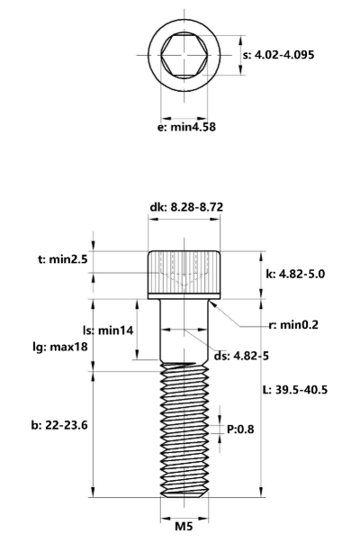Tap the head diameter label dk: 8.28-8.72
click(185, 207)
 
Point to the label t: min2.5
click(64, 259)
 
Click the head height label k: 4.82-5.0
click(298, 271)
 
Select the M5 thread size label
click(184, 526)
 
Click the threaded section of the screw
click(184, 423)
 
